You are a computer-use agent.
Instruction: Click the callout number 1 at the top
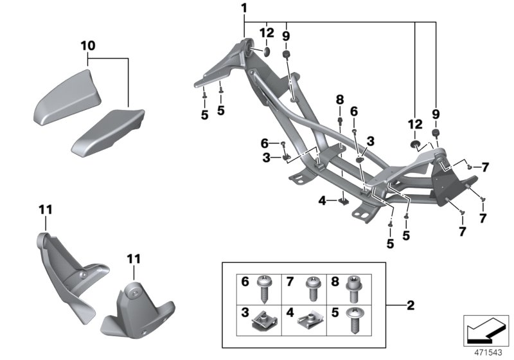click(x=244, y=8)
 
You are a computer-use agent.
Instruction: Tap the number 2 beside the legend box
click(x=410, y=304)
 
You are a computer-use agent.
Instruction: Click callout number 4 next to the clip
click(x=322, y=201)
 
